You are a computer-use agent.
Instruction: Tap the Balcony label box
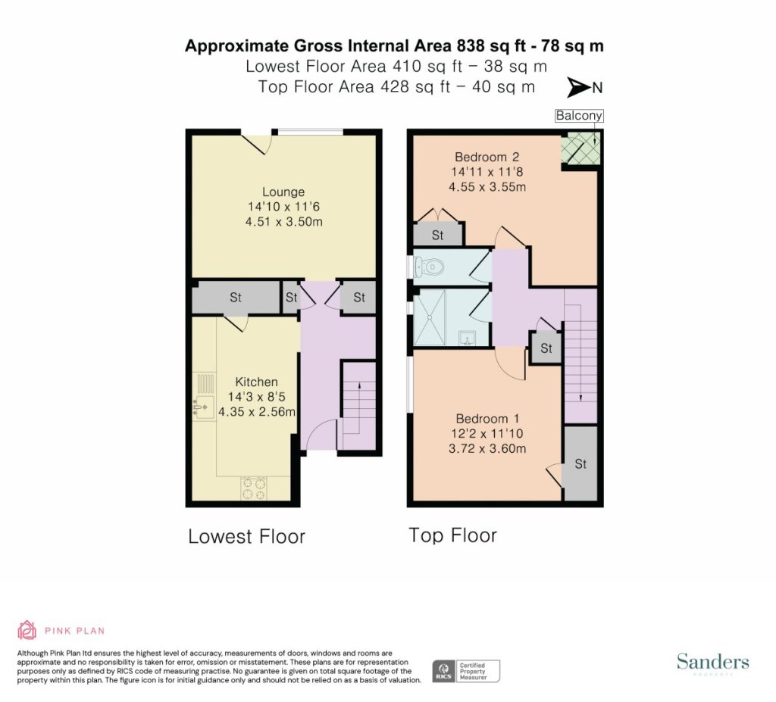pyautogui.click(x=579, y=116)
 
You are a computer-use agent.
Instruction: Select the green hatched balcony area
pyautogui.click(x=580, y=148)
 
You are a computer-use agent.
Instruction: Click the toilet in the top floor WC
pyautogui.click(x=429, y=267)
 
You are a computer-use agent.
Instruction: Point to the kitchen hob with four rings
pyautogui.click(x=253, y=488)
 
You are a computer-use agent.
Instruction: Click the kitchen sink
pyautogui.click(x=204, y=407)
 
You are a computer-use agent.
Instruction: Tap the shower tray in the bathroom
pyautogui.click(x=429, y=317)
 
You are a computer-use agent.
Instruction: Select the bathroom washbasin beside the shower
pyautogui.click(x=467, y=339)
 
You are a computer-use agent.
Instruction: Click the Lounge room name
pyautogui.click(x=283, y=192)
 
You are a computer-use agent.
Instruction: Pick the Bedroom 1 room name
pyautogui.click(x=487, y=419)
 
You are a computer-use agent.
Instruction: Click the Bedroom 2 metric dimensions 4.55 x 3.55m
pyautogui.click(x=487, y=187)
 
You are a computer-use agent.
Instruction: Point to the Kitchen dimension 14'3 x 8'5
pyautogui.click(x=256, y=397)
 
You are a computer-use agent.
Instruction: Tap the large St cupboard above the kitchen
pyautogui.click(x=236, y=298)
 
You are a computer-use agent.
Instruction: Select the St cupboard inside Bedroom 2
pyautogui.click(x=437, y=235)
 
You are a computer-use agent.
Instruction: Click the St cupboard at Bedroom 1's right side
pyautogui.click(x=580, y=463)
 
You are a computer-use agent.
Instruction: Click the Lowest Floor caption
pyautogui.click(x=246, y=536)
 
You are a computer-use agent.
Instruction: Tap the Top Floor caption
pyautogui.click(x=453, y=535)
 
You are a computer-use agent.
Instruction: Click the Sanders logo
pyautogui.click(x=712, y=663)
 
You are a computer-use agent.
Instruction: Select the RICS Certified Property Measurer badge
pyautogui.click(x=466, y=671)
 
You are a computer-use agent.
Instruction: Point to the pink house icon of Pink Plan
pyautogui.click(x=27, y=630)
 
